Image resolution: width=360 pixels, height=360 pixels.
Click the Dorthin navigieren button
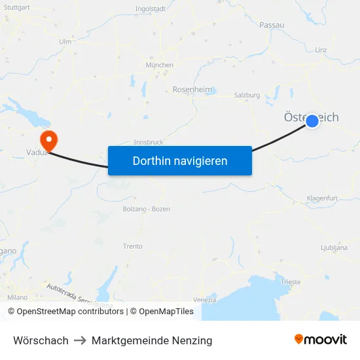[x=180, y=160]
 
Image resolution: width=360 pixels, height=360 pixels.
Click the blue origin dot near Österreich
[x=312, y=120]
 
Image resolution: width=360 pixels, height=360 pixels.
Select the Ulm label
[x=65, y=41]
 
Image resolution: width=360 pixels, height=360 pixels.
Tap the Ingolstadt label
[x=150, y=9]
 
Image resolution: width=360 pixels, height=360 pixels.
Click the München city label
[x=160, y=65]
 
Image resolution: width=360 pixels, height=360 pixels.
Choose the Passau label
[x=272, y=25]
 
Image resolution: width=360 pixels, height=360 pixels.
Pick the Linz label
[x=321, y=50]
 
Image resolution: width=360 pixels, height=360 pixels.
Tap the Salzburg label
[x=247, y=95]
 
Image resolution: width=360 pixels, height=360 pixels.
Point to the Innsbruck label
[x=149, y=141]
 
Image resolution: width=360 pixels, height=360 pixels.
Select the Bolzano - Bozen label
[x=146, y=209]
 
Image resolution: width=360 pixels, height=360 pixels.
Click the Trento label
[x=133, y=246]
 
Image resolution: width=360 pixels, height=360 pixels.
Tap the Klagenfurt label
[x=322, y=198]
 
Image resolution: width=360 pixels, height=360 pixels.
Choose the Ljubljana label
[x=334, y=248]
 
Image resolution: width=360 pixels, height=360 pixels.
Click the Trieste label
[x=290, y=282]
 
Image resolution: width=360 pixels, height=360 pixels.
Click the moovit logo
[x=320, y=340]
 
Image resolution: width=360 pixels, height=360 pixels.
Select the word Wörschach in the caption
[x=41, y=340]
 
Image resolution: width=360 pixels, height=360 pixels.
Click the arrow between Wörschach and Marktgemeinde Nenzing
[x=80, y=340]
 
